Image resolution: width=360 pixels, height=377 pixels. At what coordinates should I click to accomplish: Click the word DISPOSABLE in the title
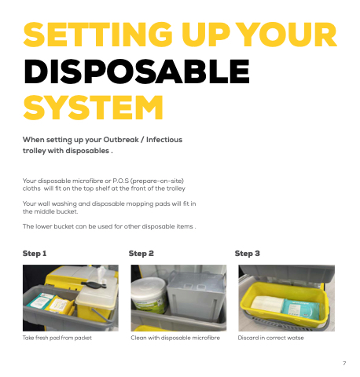[x=137, y=71]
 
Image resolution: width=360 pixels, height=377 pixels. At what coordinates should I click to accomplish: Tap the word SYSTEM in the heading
[x=94, y=108]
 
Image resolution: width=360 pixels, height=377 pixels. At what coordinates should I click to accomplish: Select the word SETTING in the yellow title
[x=98, y=35]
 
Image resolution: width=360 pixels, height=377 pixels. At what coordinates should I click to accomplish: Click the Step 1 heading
[x=35, y=254]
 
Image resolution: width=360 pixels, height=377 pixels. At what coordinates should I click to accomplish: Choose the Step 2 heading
[x=141, y=254]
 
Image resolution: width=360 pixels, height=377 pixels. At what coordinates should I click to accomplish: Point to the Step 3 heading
[x=247, y=254]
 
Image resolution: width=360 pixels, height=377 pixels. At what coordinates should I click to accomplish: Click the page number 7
[x=344, y=364]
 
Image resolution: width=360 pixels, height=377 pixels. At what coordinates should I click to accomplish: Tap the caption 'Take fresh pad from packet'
[x=57, y=338]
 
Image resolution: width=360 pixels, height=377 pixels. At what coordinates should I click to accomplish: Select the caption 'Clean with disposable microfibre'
[x=175, y=338]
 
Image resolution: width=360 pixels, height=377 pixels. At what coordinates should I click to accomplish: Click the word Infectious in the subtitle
[x=164, y=140]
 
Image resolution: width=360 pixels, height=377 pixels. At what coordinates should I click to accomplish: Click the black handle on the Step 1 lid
[x=94, y=285]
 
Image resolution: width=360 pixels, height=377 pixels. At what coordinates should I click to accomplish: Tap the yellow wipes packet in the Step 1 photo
[x=60, y=305]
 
